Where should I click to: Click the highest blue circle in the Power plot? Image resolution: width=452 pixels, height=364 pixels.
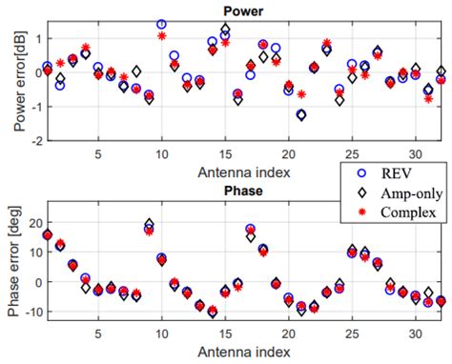point(161,24)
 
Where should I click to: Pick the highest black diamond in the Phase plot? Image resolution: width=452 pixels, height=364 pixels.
point(149,224)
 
